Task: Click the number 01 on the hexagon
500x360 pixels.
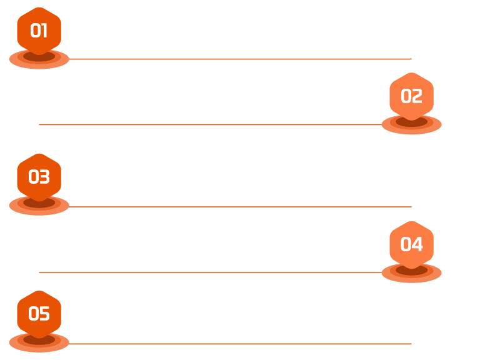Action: tap(39, 31)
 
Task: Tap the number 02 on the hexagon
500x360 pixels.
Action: tap(411, 96)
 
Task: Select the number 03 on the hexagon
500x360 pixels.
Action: tap(39, 177)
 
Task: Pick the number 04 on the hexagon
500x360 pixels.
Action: tap(411, 244)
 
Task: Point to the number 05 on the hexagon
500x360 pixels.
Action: tap(39, 314)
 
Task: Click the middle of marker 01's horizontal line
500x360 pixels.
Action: tap(240, 59)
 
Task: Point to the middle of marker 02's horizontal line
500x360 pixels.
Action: tap(211, 124)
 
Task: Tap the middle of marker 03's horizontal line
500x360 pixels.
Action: tap(240, 206)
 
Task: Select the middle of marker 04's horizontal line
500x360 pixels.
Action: tap(211, 272)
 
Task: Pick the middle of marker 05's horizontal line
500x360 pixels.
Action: tap(240, 343)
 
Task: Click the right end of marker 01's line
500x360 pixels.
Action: tap(411, 59)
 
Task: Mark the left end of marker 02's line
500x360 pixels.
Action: tap(39, 124)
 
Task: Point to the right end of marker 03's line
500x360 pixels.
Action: tap(411, 206)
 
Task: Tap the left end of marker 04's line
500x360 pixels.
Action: tap(39, 272)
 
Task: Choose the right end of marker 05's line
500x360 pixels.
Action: tap(411, 343)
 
